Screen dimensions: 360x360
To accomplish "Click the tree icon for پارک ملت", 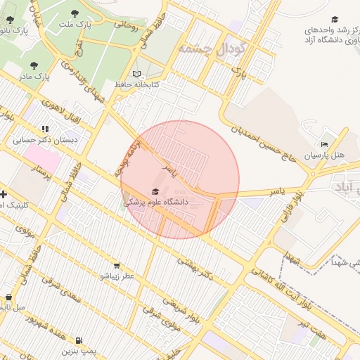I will pos(75,13).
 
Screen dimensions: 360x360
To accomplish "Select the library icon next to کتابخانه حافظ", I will pos(136,74).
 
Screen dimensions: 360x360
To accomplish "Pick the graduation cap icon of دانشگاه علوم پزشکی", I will pos(155,191).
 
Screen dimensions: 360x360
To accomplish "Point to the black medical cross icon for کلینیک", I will pos(4,194).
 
